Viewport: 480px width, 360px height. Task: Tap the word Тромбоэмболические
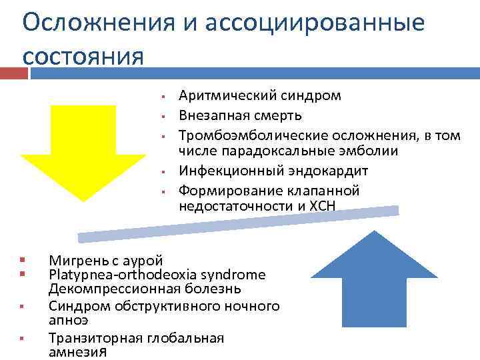pyautogui.click(x=243, y=136)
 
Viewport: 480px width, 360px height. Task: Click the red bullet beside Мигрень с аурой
pyautogui.click(x=23, y=260)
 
